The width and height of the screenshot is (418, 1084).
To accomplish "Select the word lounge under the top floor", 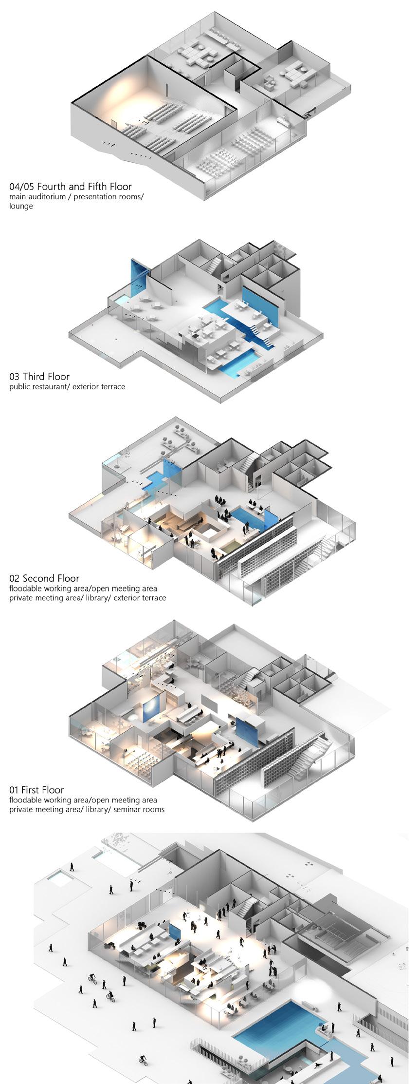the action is click(21, 206).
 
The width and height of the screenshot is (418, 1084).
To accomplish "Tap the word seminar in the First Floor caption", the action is click(127, 809).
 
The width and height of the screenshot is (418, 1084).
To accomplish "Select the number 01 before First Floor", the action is click(14, 790).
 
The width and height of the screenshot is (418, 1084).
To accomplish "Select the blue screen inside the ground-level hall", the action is click(175, 931).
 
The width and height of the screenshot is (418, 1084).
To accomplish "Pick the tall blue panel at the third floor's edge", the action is click(138, 276).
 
